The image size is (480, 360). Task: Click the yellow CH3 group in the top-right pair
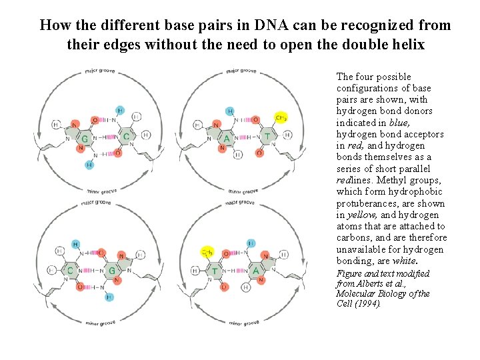[x=281, y=117]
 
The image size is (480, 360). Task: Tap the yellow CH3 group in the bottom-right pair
[x=207, y=253]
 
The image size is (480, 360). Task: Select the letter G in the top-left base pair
[x=84, y=138]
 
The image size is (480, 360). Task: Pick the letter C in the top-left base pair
[x=126, y=137]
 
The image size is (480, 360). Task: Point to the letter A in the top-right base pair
[x=228, y=138]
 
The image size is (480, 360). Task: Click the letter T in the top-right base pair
[x=268, y=136]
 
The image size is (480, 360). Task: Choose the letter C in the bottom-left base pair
[x=70, y=271]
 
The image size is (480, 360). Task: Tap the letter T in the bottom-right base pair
[x=215, y=271]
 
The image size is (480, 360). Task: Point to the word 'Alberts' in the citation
[x=375, y=283]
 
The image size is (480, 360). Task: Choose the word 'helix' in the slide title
[x=405, y=45]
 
